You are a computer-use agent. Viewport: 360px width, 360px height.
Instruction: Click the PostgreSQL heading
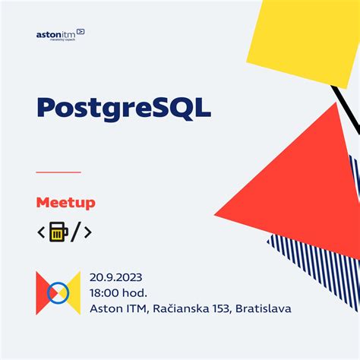[124, 107]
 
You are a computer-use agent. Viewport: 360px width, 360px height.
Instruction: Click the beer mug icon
[58, 232]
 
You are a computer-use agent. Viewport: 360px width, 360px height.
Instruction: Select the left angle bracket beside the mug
[41, 232]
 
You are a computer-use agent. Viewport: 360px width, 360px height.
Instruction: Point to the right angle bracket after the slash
[87, 232]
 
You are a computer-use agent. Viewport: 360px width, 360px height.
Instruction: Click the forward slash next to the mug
[74, 232]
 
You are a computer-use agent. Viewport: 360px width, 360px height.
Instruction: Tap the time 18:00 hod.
[118, 292]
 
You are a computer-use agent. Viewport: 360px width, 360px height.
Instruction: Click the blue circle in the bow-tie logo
[58, 292]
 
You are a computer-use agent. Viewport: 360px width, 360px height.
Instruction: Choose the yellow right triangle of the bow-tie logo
[73, 292]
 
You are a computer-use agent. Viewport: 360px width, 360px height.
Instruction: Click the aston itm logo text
[57, 34]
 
